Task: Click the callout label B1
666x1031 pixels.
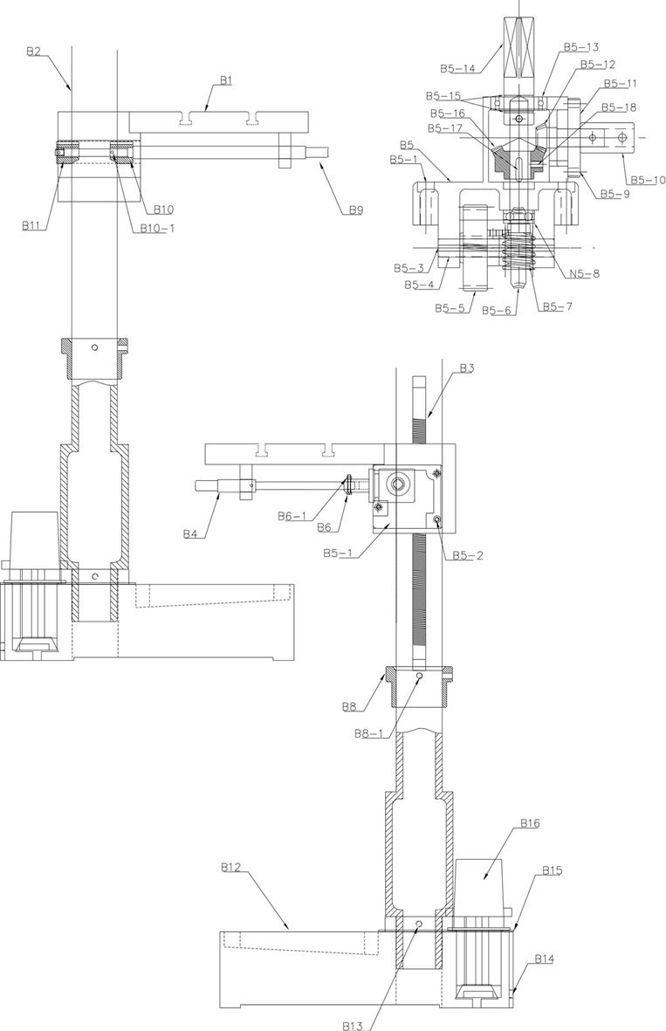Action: pyautogui.click(x=227, y=80)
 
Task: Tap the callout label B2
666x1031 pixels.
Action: pyautogui.click(x=33, y=52)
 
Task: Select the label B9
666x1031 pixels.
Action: pyautogui.click(x=355, y=210)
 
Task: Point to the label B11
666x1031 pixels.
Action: pyautogui.click(x=31, y=225)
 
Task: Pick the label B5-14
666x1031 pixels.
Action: pyautogui.click(x=457, y=68)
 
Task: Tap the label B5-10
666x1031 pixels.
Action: pyautogui.click(x=648, y=180)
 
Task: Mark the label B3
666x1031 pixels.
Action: pyautogui.click(x=466, y=368)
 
